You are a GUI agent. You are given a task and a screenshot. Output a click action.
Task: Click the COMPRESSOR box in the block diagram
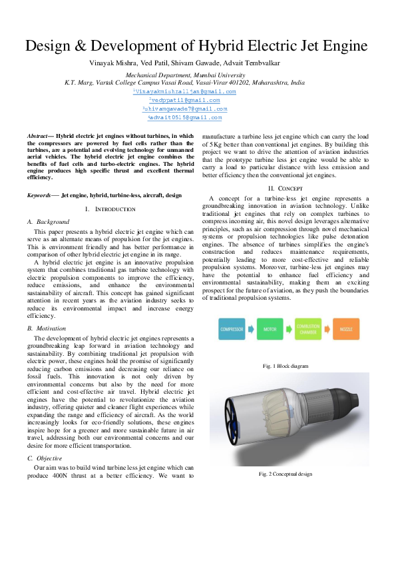click(232, 329)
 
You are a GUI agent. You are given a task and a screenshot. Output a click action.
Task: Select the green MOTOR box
click(270, 329)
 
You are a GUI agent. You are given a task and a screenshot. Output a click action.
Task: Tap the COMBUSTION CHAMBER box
click(308, 329)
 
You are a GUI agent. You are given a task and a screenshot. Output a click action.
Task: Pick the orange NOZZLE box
click(346, 329)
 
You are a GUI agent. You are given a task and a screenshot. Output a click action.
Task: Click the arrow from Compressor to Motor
click(251, 329)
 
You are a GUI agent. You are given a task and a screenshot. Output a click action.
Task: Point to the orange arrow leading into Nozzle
click(327, 329)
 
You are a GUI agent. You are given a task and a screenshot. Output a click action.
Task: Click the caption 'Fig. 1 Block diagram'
click(285, 366)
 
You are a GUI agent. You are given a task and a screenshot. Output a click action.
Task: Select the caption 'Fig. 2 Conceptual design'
click(285, 474)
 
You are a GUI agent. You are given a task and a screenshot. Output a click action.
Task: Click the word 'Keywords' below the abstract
click(41, 195)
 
